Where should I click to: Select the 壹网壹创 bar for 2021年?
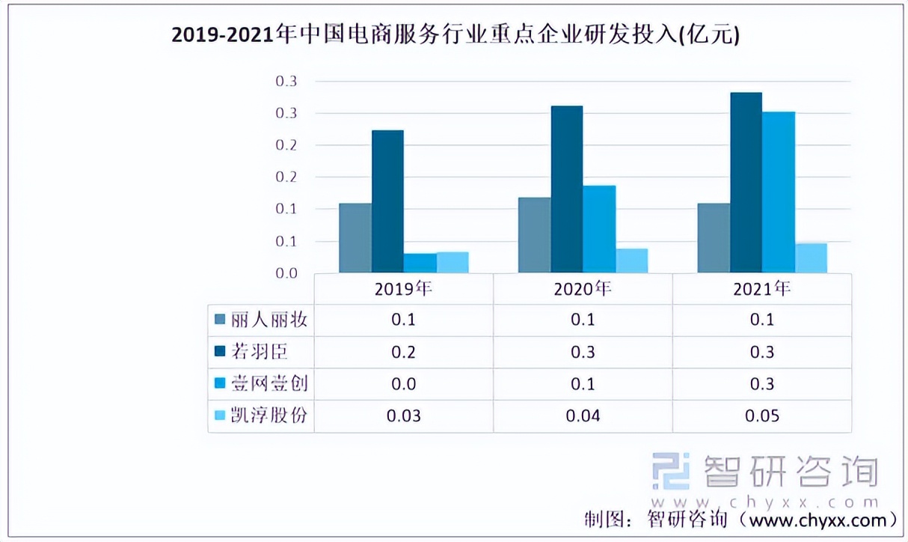[779, 192]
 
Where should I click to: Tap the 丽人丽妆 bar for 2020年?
[534, 235]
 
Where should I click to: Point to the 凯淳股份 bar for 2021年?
[811, 258]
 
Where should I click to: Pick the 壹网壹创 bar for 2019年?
[420, 264]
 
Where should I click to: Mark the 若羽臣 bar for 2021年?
[746, 183]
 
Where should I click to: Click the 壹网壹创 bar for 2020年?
[599, 229]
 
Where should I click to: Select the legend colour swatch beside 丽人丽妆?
[220, 320]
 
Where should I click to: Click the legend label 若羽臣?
[259, 352]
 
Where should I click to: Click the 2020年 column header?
[583, 288]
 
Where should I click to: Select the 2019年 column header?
[403, 288]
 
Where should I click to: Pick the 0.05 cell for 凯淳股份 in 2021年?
[762, 415]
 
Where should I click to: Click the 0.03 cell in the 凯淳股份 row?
[403, 415]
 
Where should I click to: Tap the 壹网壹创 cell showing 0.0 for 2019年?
[403, 384]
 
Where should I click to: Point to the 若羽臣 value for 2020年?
[583, 352]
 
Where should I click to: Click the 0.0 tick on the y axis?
[286, 274]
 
